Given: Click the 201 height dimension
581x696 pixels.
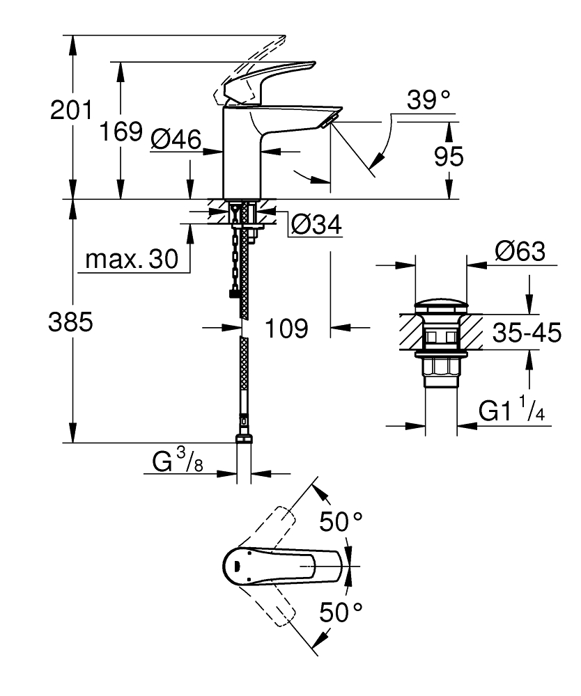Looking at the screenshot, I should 71,109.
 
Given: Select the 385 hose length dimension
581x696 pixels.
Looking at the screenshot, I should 70,322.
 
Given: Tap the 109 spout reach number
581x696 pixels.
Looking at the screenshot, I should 286,328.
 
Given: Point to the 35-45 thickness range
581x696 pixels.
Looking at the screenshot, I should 526,333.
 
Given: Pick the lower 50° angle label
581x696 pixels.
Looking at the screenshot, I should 341,612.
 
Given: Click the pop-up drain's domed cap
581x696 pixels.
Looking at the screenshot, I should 441,307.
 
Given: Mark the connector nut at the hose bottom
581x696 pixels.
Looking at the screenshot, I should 244,440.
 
